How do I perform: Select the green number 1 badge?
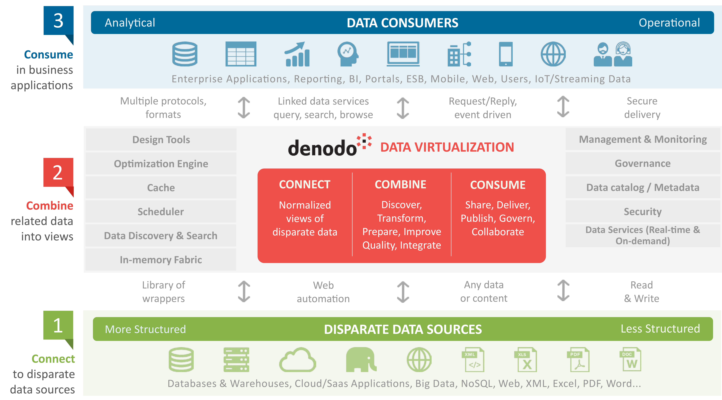[58, 325]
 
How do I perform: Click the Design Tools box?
[161, 139]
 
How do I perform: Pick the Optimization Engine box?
[161, 164]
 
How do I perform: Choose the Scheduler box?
[161, 212]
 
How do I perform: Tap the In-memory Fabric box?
[161, 260]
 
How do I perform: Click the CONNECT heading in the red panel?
[305, 184]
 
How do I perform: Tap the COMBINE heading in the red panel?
[401, 184]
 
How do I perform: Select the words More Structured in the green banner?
[145, 329]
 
